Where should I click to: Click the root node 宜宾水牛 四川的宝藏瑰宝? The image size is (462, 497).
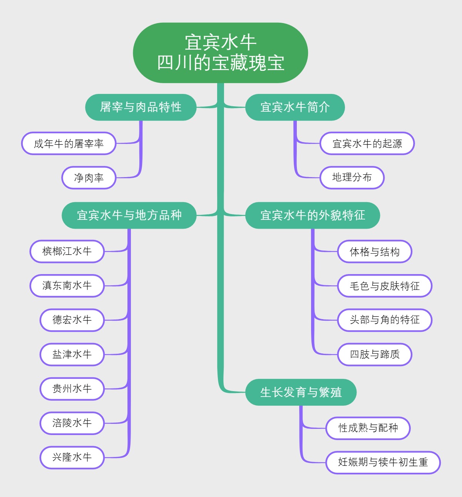tap(220, 53)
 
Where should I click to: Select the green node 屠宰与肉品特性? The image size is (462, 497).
tap(141, 107)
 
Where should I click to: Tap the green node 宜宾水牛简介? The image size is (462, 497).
tap(295, 107)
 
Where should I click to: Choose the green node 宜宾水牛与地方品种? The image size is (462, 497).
tap(129, 215)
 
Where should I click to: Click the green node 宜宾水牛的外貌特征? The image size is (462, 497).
tap(313, 215)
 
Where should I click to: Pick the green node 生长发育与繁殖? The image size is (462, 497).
tap(301, 392)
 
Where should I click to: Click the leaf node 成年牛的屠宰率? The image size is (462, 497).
tap(69, 144)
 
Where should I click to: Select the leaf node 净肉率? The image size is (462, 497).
tap(89, 177)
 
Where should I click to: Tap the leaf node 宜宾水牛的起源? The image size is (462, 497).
tap(367, 144)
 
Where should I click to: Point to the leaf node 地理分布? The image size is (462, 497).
tap(352, 177)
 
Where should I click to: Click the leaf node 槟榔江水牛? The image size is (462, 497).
tap(67, 251)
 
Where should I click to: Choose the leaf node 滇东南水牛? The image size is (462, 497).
tap(67, 286)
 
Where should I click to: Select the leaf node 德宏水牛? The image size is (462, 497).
tap(72, 320)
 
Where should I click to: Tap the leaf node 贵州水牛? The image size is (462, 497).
tap(72, 389)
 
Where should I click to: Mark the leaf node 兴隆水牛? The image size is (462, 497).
tap(72, 457)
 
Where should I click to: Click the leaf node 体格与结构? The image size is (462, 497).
tap(375, 251)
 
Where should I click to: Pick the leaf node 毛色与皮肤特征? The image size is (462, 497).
tap(385, 286)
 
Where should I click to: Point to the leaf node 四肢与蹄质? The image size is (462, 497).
tap(375, 355)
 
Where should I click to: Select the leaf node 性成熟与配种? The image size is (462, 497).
tap(368, 428)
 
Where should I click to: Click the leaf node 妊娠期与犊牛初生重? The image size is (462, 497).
tap(383, 462)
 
